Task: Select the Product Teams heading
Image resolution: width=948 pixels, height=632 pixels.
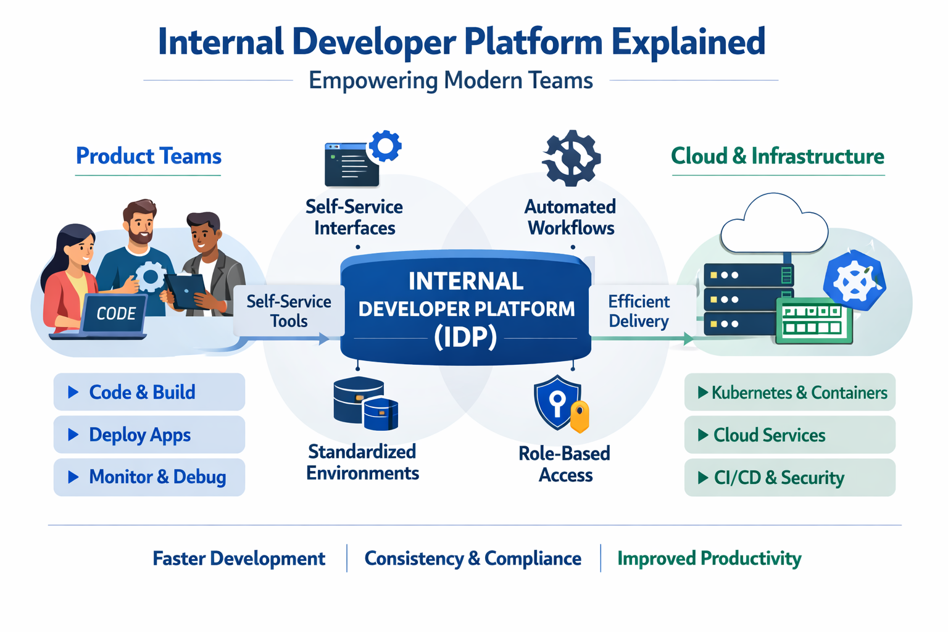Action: (x=148, y=156)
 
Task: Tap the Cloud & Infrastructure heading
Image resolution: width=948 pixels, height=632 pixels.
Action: (x=777, y=156)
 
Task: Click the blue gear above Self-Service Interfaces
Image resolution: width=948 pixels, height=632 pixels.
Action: (x=385, y=146)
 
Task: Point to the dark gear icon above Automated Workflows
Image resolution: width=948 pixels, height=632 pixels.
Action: (x=571, y=158)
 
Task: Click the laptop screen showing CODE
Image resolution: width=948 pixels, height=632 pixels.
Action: (x=115, y=314)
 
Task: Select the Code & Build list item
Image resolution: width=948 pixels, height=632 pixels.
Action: (x=149, y=392)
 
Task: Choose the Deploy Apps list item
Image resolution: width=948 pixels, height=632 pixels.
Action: (x=149, y=434)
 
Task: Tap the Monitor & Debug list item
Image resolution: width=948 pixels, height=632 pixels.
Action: (x=149, y=477)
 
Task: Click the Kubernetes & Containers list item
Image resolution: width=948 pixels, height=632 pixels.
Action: (x=790, y=392)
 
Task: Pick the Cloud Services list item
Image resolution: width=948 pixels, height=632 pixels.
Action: (x=790, y=435)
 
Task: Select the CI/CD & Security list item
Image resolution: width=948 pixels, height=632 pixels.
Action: (x=790, y=478)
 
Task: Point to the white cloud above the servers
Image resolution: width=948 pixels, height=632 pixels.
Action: (x=774, y=226)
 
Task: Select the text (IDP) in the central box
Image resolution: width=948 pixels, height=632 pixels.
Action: (x=465, y=337)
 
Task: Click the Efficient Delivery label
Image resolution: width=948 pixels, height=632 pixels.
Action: (x=638, y=311)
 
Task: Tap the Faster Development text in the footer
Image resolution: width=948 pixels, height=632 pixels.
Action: (x=239, y=559)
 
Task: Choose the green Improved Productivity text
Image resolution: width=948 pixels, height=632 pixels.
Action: (x=709, y=559)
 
